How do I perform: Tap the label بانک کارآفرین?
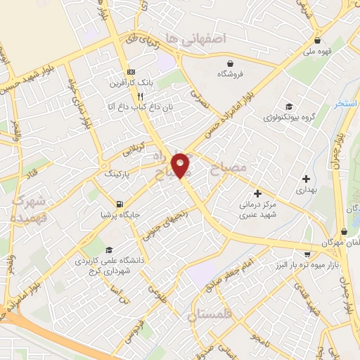click(x=110, y=84)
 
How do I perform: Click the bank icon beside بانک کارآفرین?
click(x=131, y=72)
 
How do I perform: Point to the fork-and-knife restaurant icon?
click(x=140, y=96)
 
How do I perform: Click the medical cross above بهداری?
click(x=306, y=179)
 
